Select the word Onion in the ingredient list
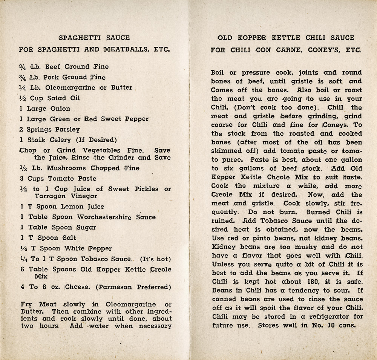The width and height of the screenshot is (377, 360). [x=60, y=109]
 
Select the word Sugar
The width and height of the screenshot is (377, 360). [x=86, y=227]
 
